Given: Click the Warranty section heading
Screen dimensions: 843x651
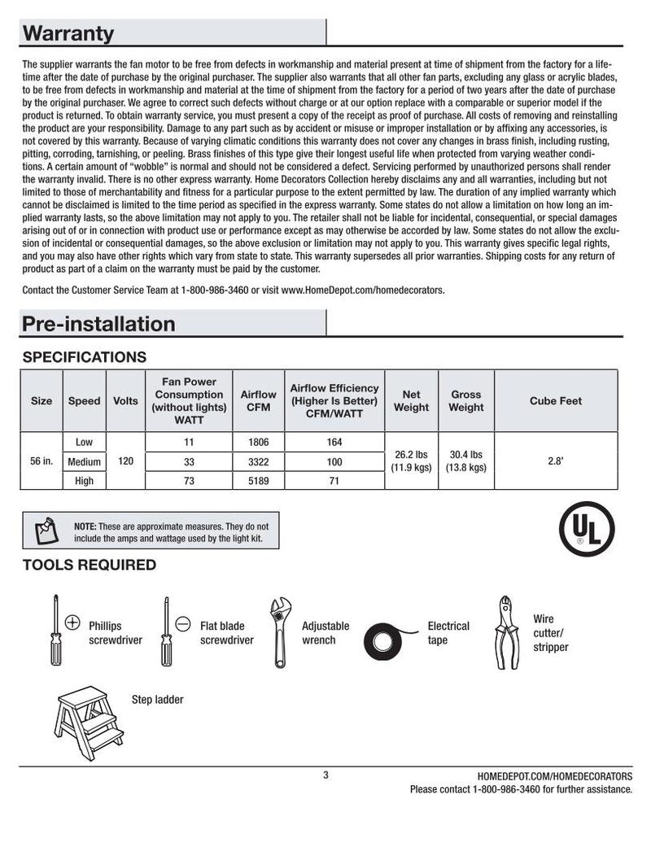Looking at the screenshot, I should click(x=68, y=34).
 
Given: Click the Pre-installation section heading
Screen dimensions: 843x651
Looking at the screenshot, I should click(x=98, y=324).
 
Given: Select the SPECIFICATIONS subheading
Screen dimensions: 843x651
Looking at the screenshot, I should click(x=85, y=357).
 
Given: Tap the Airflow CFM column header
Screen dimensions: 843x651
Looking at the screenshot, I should click(x=258, y=400).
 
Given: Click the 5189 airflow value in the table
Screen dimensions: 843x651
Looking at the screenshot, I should click(x=258, y=481).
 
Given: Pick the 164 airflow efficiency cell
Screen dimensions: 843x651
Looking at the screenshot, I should click(x=334, y=443).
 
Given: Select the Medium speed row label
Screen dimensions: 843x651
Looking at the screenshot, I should click(x=84, y=461).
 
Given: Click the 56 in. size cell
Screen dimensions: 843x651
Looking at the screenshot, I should click(x=42, y=461).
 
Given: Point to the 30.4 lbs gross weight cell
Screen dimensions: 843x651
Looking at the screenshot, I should click(x=465, y=461).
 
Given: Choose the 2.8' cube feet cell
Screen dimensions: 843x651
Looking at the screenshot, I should click(x=556, y=461).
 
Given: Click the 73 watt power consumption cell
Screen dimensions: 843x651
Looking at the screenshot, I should click(x=188, y=481).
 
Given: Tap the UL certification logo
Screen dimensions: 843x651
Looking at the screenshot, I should click(x=586, y=529).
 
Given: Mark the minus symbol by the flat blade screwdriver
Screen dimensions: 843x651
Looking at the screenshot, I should click(x=183, y=623).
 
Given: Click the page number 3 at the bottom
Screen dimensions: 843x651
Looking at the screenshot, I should click(x=325, y=775).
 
